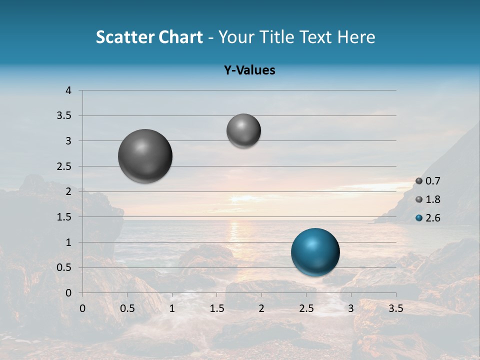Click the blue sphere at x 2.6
pos(315,252)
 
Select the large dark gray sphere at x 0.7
pos(145,156)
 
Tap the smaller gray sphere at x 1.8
pos(243,130)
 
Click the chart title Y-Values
pos(249,70)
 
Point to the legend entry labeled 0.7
pos(427,181)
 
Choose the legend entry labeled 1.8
pos(427,199)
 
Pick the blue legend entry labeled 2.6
pos(427,218)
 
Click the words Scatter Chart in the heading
pos(149,37)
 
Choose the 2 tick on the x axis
pos(261,308)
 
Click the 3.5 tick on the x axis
pos(395,308)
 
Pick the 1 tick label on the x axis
pos(172,308)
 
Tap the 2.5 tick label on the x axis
pos(306,308)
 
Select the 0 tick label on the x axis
pos(82,308)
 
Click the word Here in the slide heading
pos(356,37)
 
